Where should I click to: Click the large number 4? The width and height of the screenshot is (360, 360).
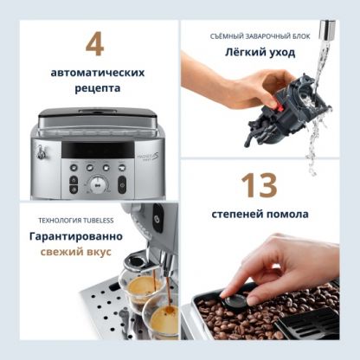click(95, 44)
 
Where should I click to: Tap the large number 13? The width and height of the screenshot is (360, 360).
click(260, 185)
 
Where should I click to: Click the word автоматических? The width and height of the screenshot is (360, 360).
click(98, 73)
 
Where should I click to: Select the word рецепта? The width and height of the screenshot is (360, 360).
click(98, 88)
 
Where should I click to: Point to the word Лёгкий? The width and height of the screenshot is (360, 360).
click(244, 53)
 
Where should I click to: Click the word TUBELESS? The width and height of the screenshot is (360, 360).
click(99, 221)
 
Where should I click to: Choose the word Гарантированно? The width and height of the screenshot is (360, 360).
click(76, 236)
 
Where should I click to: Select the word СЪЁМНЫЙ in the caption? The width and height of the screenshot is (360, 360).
click(226, 36)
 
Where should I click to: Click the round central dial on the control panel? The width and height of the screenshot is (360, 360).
click(98, 184)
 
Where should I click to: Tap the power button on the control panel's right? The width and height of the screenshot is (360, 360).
click(122, 184)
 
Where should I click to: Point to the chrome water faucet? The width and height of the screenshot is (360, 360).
click(327, 30)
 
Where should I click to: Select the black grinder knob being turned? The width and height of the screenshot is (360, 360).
click(236, 300)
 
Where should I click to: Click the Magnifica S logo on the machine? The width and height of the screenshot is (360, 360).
click(148, 157)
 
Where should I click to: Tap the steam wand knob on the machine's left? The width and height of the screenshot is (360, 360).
click(42, 152)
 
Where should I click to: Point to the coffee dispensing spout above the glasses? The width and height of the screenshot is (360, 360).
click(141, 261)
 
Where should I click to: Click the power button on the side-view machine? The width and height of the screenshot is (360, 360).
click(157, 218)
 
